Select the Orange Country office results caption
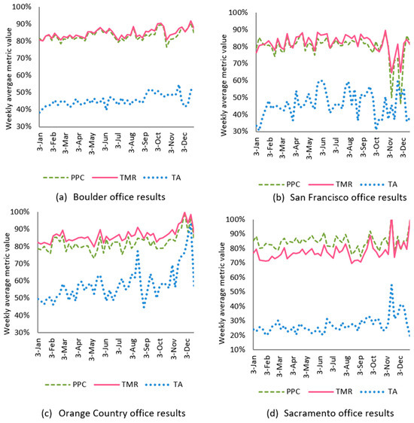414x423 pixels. coord(105,413)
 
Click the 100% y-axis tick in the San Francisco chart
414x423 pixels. coord(237,13)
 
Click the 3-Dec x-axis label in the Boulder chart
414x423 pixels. coord(185,142)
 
